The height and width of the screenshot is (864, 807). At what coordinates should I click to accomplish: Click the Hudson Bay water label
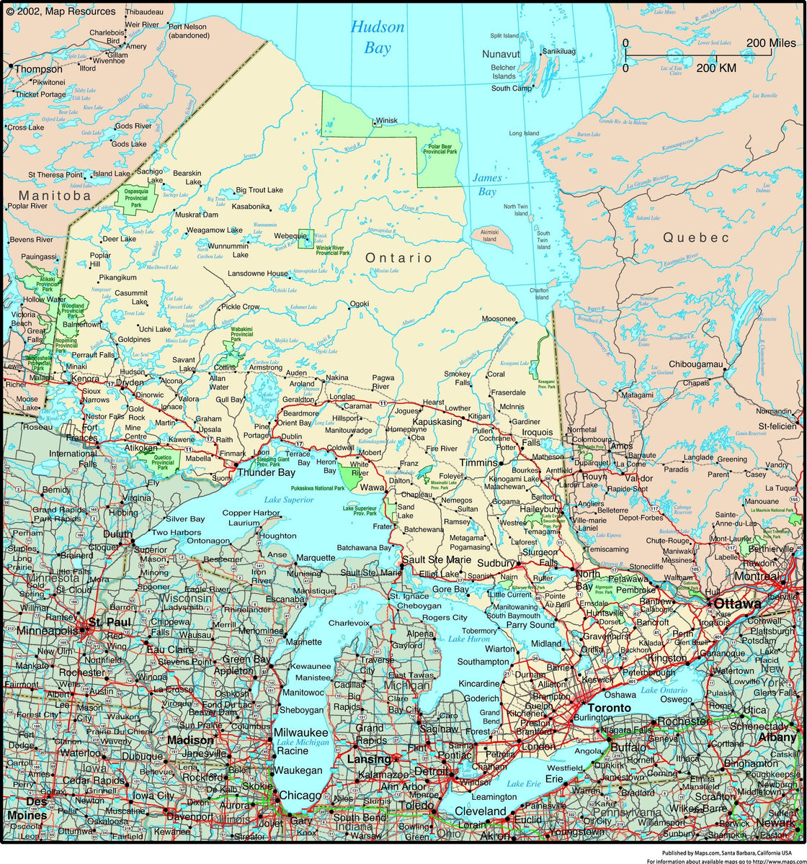(x=378, y=37)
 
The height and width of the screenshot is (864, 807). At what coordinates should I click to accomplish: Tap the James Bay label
(x=486, y=184)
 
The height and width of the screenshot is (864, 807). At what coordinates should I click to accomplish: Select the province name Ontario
(x=398, y=258)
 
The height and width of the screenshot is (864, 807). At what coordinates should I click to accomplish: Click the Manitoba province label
(x=55, y=195)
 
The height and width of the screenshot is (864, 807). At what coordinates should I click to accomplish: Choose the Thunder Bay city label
(x=266, y=473)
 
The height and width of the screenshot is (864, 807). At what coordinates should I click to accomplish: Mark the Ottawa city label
(x=737, y=603)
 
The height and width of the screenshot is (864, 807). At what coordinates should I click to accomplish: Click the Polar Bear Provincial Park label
(x=440, y=148)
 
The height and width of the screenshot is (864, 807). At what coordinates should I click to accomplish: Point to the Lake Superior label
(x=289, y=500)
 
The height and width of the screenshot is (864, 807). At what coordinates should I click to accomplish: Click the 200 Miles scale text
(x=771, y=43)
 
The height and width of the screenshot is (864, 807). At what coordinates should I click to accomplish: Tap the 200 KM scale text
(x=716, y=68)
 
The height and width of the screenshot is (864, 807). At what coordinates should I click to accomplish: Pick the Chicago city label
(x=299, y=796)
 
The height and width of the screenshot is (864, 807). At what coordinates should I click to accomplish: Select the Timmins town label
(x=478, y=463)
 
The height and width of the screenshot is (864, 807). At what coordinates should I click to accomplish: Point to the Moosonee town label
(x=499, y=319)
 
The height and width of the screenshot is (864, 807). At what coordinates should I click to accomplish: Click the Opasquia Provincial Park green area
(x=135, y=198)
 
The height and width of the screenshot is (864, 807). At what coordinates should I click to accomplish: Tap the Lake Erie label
(x=525, y=783)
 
